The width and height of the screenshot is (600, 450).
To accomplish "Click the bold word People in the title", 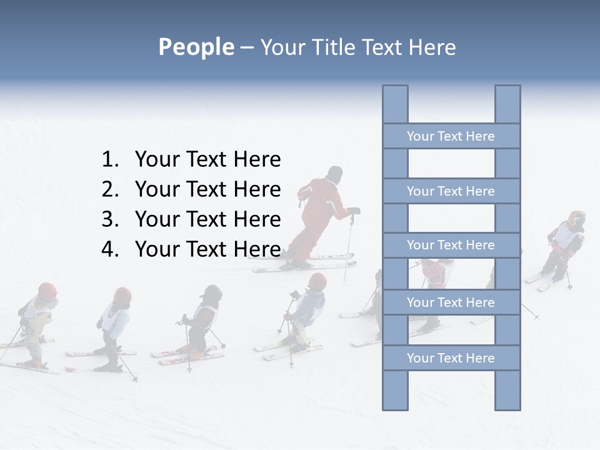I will pos(196,47).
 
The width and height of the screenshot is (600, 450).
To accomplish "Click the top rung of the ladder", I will pos(451,136).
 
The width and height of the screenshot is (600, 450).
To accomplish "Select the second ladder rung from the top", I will pos(451,191).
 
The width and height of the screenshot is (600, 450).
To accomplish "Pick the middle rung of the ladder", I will pos(451,245).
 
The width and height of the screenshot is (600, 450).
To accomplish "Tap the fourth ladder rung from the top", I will pos(451,302).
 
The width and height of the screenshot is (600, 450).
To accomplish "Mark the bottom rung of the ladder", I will pos(451,358).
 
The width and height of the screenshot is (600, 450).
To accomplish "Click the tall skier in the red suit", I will pos(322,212).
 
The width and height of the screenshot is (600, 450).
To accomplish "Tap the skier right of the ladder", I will pos(566,244).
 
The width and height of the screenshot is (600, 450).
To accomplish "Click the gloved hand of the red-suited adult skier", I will pos(354,211).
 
